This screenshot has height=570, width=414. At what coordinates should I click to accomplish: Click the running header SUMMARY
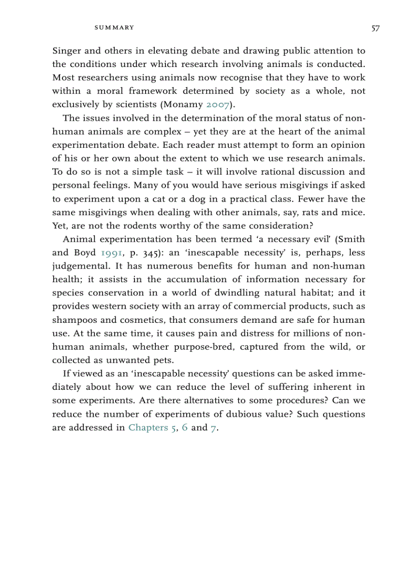click(114, 27)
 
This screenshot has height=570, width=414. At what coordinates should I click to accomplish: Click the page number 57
click(375, 28)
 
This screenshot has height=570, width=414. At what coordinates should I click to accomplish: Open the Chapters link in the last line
click(148, 427)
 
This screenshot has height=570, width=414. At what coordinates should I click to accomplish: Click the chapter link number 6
click(185, 427)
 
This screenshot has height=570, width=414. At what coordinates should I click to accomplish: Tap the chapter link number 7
click(214, 427)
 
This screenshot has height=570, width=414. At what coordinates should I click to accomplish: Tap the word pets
click(165, 360)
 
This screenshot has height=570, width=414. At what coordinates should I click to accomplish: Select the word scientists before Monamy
click(132, 105)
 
